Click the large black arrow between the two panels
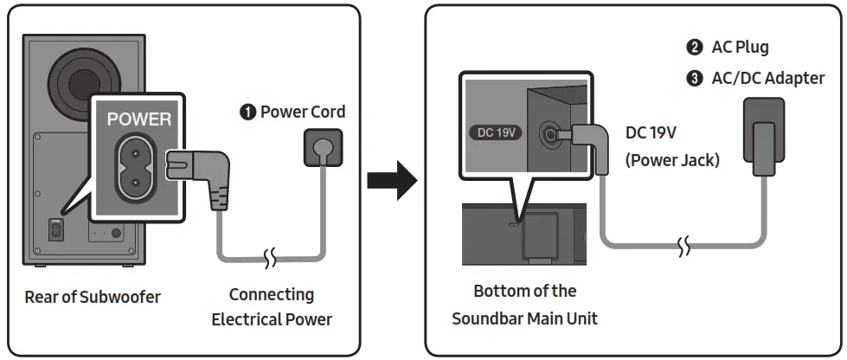coord(392,179)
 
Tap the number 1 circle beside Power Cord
coord(248,112)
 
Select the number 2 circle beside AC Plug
coord(694,48)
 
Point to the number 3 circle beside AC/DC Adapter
coord(694,79)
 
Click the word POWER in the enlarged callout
coord(139,119)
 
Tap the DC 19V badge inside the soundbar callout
coord(497,133)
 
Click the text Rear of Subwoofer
coord(93,297)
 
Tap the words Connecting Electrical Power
coord(272,307)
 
